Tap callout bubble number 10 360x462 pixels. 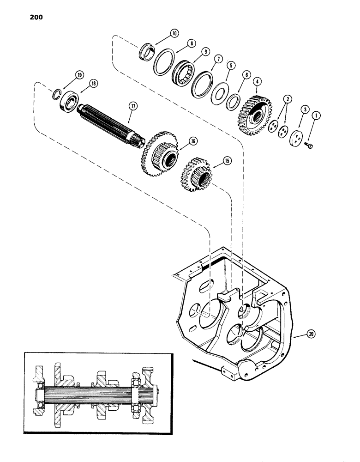click(161, 33)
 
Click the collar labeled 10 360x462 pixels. click(147, 51)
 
